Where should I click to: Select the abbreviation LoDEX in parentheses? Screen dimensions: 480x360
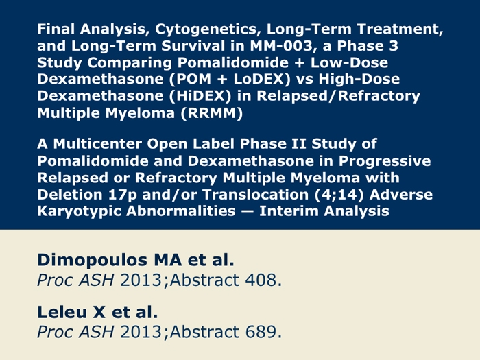pyautogui.click(x=259, y=79)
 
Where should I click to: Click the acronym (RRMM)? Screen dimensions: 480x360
pyautogui.click(x=212, y=113)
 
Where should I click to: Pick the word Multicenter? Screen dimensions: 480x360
pyautogui.click(x=97, y=144)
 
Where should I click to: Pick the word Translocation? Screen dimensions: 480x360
pyautogui.click(x=255, y=195)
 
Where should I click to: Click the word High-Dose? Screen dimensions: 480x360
pyautogui.click(x=359, y=79)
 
